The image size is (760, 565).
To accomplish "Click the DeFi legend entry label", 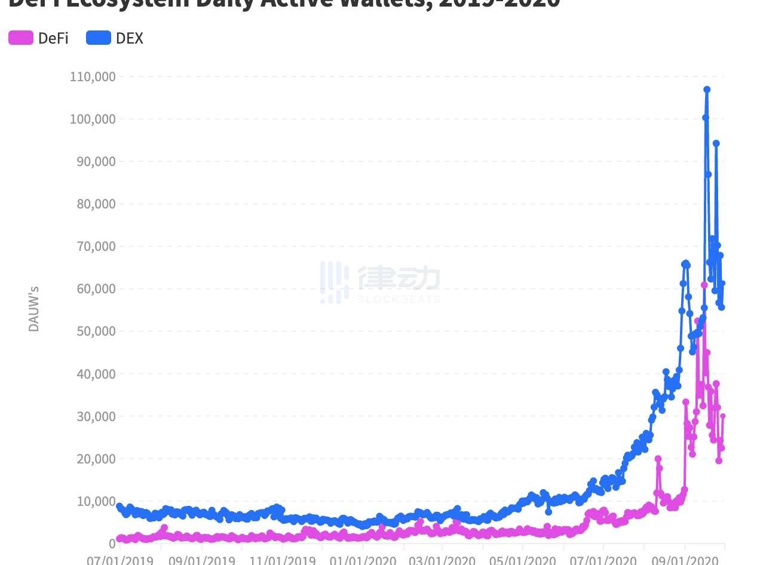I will click(53, 38).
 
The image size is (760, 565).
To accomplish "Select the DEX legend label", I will click(130, 38).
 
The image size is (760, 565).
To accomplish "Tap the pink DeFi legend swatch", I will click(21, 38).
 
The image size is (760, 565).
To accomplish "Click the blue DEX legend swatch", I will click(99, 38).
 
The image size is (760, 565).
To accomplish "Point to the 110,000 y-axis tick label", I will click(93, 76).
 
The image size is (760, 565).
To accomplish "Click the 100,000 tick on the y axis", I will click(93, 119).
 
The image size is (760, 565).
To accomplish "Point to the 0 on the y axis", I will click(112, 543).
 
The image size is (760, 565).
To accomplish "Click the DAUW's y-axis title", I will click(34, 308).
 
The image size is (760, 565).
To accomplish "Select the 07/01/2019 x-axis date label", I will click(120, 560).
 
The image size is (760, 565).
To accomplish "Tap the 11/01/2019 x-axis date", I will click(281, 560).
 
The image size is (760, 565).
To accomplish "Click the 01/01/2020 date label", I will click(363, 560).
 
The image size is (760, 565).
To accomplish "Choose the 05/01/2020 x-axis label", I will click(523, 560).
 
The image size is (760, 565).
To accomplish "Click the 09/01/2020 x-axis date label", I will click(685, 560).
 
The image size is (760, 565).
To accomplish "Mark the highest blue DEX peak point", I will click(707, 90).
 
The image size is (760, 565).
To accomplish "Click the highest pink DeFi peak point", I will click(704, 285).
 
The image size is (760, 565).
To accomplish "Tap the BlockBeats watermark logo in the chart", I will click(380, 282).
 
